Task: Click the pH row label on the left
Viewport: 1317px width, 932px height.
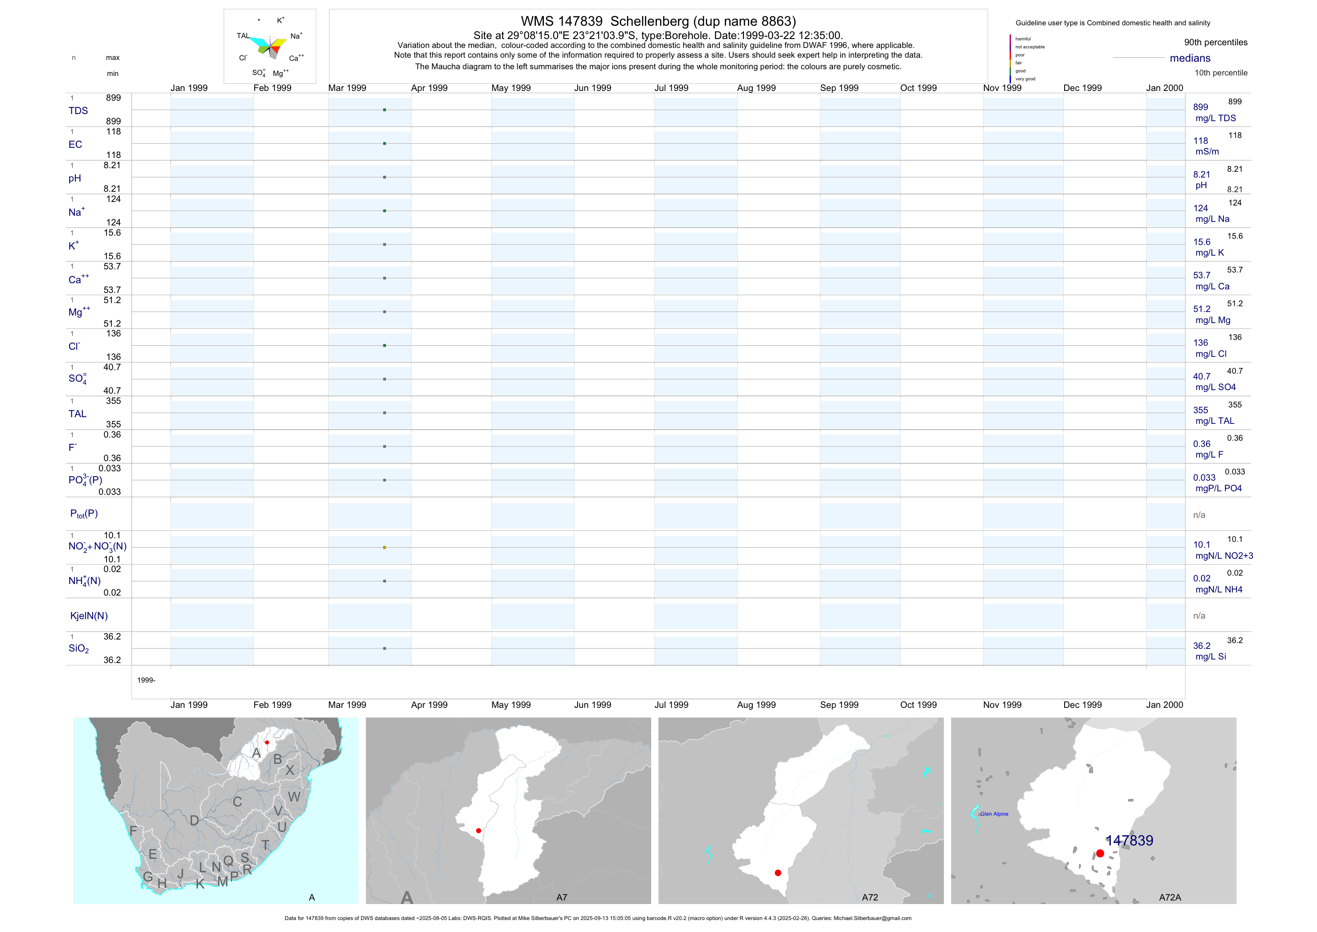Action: (x=75, y=178)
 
